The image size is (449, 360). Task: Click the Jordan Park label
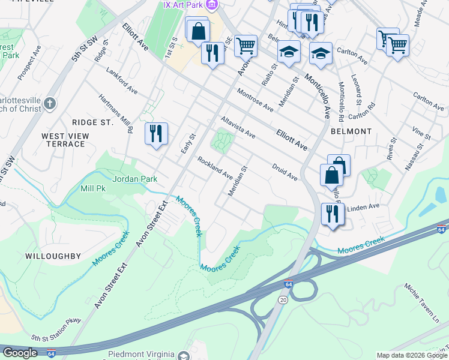pos(135,178)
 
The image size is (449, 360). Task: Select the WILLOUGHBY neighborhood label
pos(53,256)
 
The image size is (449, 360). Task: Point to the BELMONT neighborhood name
pos(351,131)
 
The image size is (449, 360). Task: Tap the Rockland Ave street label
pos(215,167)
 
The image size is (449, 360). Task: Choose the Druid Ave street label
pos(285,172)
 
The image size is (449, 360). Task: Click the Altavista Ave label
pos(238,127)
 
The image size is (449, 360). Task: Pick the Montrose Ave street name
pos(255,100)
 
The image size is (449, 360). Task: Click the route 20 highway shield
pos(282,299)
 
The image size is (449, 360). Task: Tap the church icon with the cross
pos(49,104)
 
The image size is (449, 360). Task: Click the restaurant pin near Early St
pos(156,133)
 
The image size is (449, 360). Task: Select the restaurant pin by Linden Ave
pos(331,213)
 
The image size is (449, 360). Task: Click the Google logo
pos(20,353)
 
